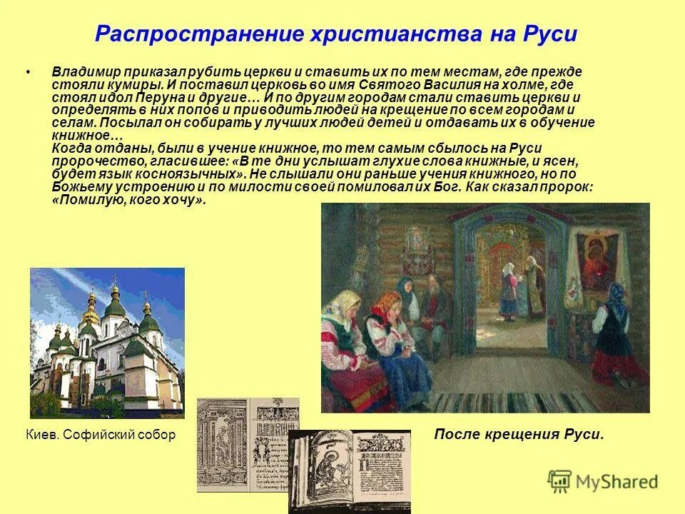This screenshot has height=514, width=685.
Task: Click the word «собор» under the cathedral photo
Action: tap(157, 434)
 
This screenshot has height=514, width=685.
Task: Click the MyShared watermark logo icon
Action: tap(560, 480)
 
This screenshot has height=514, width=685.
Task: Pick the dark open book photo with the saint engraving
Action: tap(350, 471)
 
